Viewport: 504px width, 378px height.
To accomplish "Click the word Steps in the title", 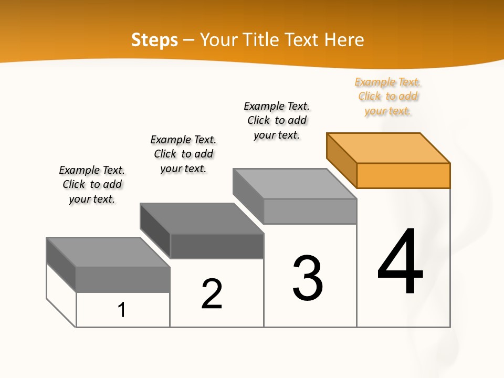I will [154, 40].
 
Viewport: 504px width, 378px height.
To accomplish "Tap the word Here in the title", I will [344, 40].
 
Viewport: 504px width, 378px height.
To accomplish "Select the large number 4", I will [400, 262].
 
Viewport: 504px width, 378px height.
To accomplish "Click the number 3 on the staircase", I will [308, 279].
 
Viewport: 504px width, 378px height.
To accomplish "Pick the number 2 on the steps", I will [212, 294].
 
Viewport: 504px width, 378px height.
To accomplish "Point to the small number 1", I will [122, 310].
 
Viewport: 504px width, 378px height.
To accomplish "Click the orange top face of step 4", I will [388, 148].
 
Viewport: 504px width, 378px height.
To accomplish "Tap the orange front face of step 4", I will [403, 175].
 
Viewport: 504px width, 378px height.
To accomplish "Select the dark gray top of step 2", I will [202, 218].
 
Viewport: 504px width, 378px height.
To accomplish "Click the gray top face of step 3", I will [295, 184].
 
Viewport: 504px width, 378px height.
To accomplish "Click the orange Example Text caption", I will [388, 97].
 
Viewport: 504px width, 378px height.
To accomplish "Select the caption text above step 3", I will [277, 120].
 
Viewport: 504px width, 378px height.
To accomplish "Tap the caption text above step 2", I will [183, 154].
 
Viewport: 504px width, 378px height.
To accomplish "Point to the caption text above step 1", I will [92, 184].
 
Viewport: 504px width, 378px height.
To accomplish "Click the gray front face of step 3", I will [310, 211].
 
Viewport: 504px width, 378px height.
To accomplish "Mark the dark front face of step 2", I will [217, 246].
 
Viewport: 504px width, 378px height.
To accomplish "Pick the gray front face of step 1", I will [123, 279].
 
